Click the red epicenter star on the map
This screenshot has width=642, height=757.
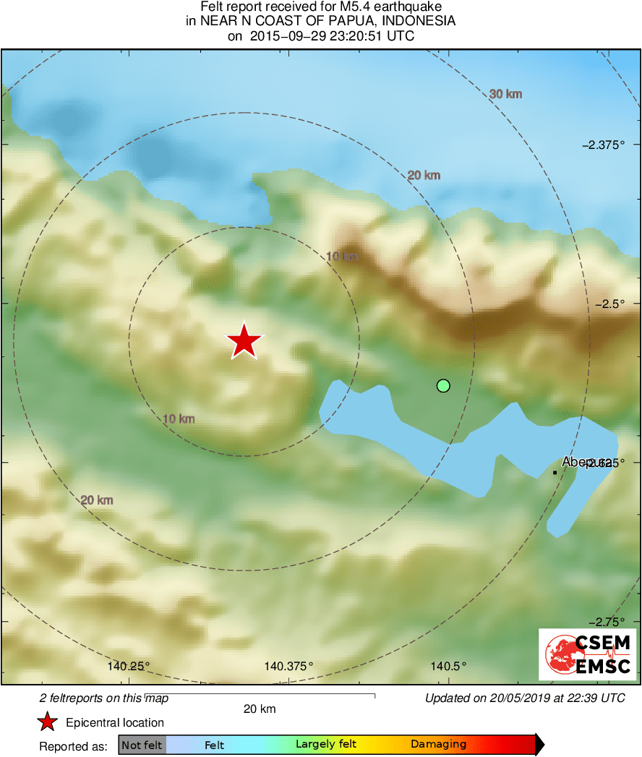click(x=244, y=341)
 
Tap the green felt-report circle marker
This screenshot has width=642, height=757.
click(x=444, y=386)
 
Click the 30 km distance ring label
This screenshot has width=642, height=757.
click(x=505, y=94)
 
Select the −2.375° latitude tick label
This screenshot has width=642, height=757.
click(x=604, y=145)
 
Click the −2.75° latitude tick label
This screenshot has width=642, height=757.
click(x=607, y=622)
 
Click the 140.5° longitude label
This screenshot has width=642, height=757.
click(x=448, y=666)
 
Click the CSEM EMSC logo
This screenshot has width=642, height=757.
click(x=588, y=654)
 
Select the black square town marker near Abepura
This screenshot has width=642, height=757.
click(x=555, y=473)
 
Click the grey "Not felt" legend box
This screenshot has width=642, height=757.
click(x=142, y=745)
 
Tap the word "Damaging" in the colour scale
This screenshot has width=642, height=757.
click(x=438, y=744)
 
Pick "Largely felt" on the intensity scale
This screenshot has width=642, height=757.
click(x=325, y=744)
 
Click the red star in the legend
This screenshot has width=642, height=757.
click(x=48, y=722)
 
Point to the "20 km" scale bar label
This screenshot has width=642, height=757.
click(x=260, y=709)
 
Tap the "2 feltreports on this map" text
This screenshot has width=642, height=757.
click(x=103, y=698)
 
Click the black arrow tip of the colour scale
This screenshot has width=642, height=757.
click(x=540, y=744)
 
